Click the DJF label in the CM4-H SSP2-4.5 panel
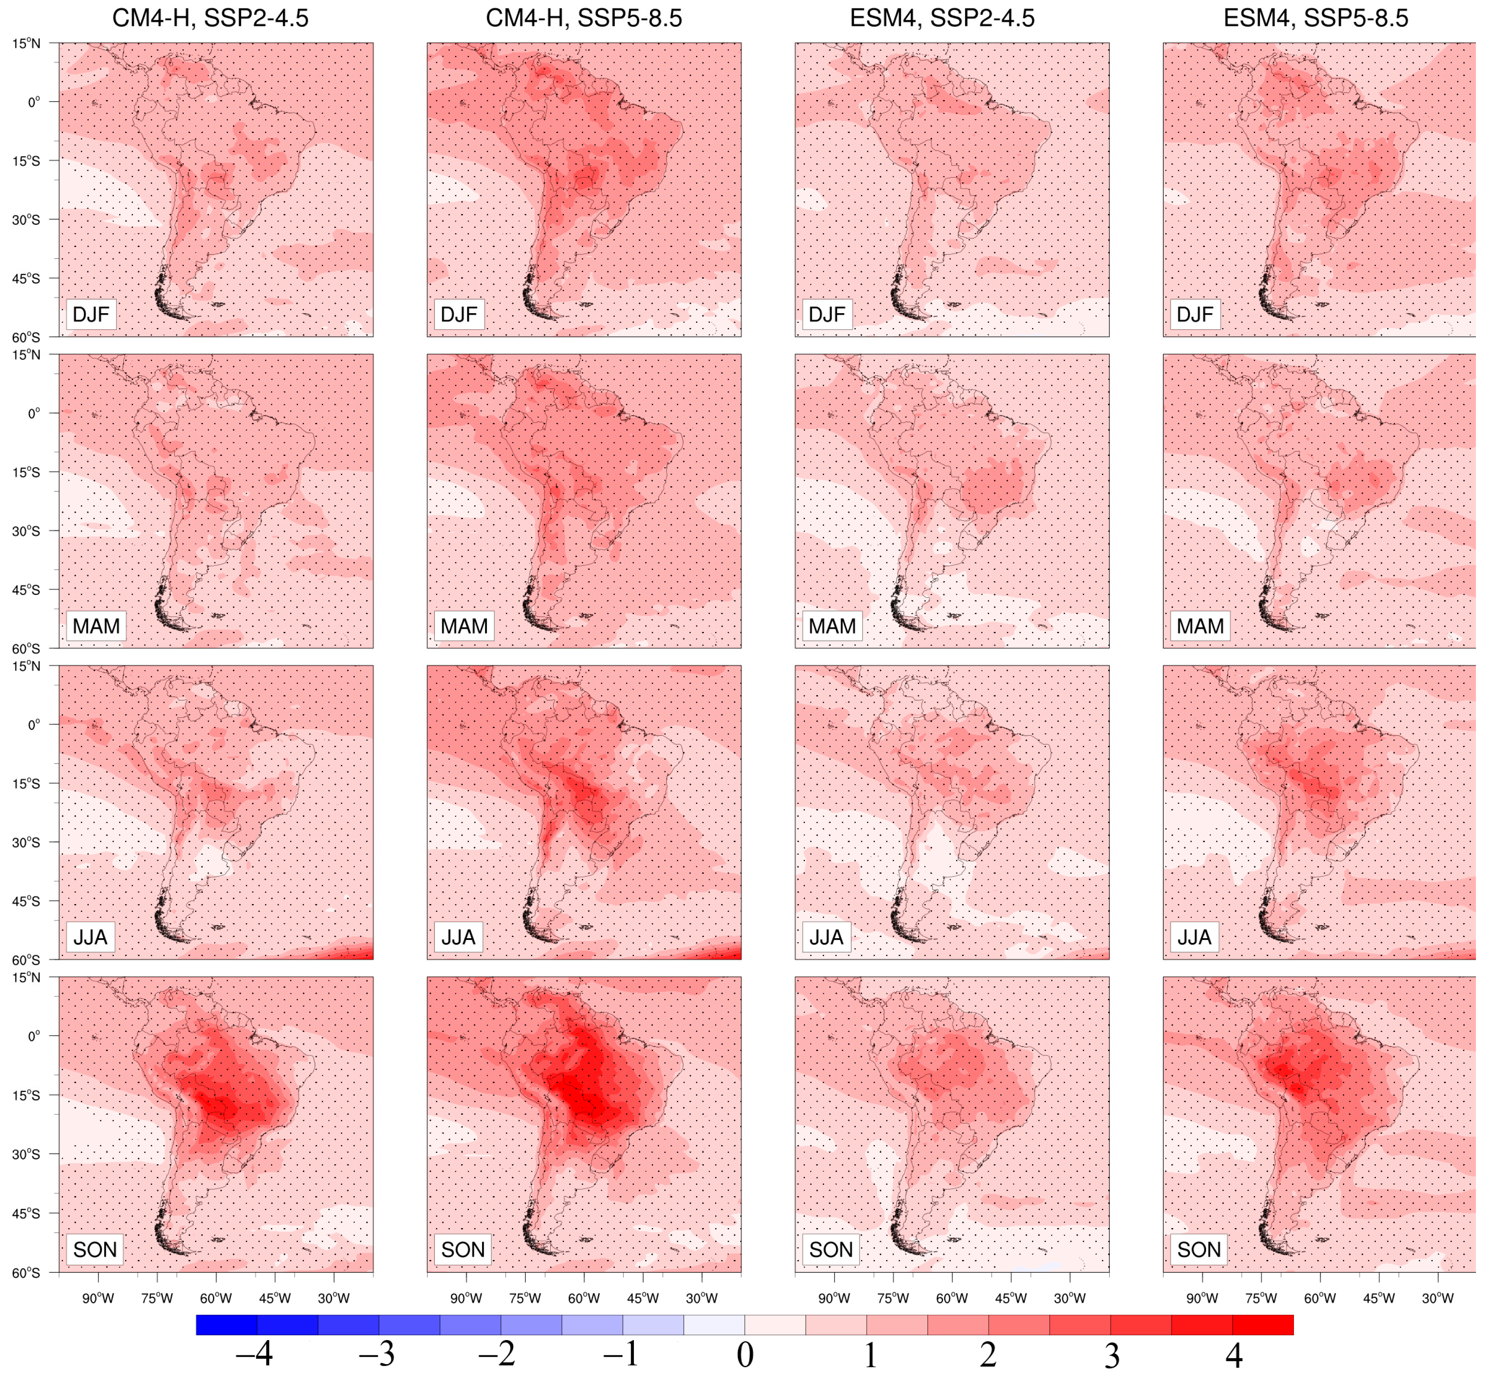tap(90, 314)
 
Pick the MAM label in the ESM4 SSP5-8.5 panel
tap(1199, 626)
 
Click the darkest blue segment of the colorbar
tap(226, 1324)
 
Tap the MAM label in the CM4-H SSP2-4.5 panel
tap(95, 626)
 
